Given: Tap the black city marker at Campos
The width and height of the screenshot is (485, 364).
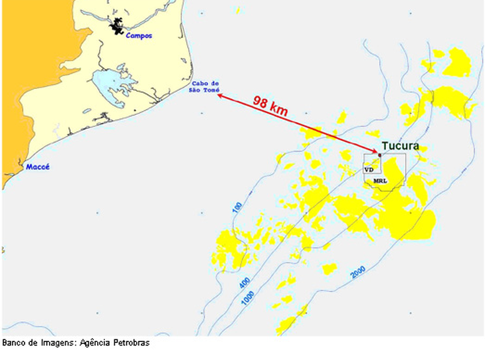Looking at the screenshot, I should pyautogui.click(x=118, y=27).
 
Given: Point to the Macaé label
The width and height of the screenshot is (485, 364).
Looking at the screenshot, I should pyautogui.click(x=37, y=167).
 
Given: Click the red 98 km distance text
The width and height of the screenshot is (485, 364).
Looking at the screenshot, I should pyautogui.click(x=270, y=106).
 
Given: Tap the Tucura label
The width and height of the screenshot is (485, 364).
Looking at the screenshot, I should pyautogui.click(x=400, y=146).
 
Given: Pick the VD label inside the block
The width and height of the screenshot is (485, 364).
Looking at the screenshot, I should pyautogui.click(x=369, y=170).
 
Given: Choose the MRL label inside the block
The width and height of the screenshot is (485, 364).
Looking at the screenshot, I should pyautogui.click(x=380, y=181).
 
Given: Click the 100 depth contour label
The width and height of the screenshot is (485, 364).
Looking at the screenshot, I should pyautogui.click(x=237, y=209).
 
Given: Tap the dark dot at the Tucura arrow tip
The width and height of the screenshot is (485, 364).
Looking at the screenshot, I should pyautogui.click(x=379, y=154).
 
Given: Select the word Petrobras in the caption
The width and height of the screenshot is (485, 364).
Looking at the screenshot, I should pyautogui.click(x=129, y=343).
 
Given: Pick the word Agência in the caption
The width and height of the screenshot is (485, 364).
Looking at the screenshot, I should pyautogui.click(x=94, y=343).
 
